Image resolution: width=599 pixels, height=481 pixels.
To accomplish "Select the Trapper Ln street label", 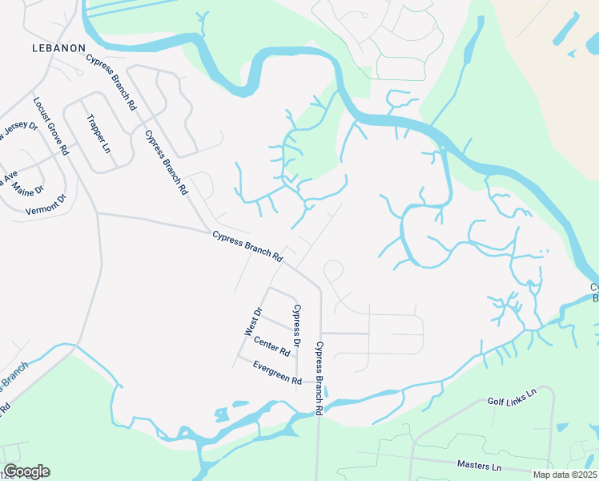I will click(97, 133).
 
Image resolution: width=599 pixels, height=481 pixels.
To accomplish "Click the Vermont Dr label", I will click(44, 211).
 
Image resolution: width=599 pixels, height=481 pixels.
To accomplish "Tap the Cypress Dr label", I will click(297, 325).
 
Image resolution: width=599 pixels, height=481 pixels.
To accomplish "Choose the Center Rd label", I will click(271, 346).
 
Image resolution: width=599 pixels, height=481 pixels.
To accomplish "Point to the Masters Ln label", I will click(479, 466).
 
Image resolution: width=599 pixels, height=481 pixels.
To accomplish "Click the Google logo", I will click(26, 471).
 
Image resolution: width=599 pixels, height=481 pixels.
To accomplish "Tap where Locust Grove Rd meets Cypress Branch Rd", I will click(97, 213).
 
